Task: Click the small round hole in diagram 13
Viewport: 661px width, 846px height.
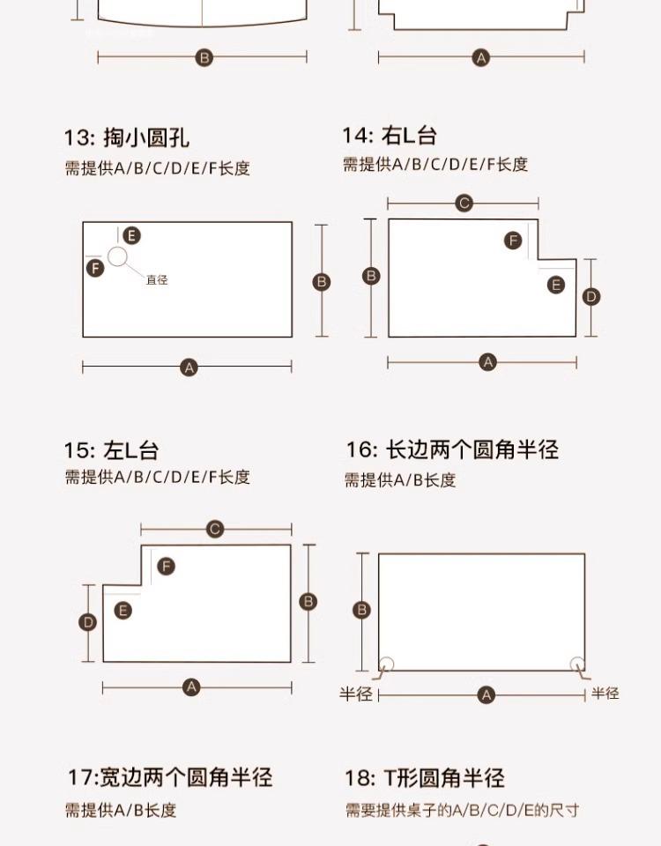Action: point(118,256)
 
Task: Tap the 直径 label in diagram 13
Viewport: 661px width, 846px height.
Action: point(157,280)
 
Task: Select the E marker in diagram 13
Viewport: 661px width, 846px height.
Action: point(131,235)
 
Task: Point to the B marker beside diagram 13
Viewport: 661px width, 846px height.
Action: point(322,282)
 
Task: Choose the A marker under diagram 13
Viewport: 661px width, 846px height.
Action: point(189,367)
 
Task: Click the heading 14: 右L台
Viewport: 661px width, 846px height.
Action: point(389,136)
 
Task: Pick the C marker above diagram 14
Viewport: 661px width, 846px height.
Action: point(464,204)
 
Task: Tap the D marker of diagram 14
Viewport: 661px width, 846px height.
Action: point(592,297)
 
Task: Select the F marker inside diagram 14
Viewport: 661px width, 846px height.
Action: point(513,241)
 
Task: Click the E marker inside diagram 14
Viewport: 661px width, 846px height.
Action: point(555,285)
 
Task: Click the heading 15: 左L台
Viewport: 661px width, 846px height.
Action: point(111,450)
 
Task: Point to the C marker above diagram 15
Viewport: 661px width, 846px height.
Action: point(215,530)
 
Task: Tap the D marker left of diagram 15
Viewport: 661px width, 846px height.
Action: point(88,622)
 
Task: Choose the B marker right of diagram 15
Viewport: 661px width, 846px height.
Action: point(308,602)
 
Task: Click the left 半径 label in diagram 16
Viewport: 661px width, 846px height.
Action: point(356,694)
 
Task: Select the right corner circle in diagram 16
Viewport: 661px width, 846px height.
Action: point(577,664)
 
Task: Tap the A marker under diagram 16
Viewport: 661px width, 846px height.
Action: point(486,695)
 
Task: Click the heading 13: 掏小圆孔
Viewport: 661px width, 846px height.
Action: point(126,137)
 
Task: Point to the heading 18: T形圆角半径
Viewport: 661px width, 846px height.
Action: point(424,778)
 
